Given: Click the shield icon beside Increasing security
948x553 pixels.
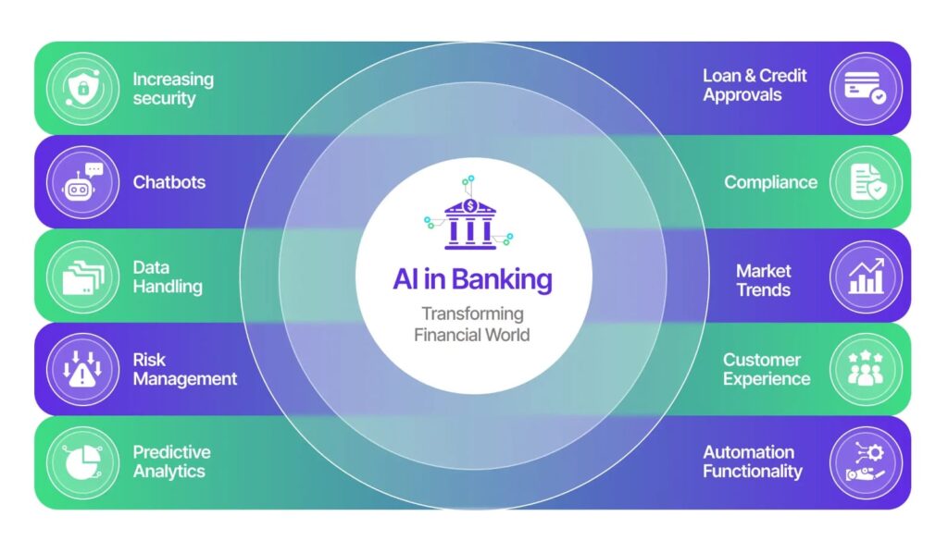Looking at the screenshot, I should [x=81, y=88].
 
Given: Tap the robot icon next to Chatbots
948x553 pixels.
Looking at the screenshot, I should [x=81, y=181].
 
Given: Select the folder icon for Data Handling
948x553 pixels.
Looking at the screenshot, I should [x=81, y=276].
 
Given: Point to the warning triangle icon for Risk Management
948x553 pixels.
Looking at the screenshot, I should [x=81, y=369].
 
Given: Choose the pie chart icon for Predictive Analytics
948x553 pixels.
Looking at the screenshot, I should [x=81, y=461].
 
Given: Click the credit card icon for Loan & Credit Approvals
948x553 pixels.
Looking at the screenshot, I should [x=865, y=88].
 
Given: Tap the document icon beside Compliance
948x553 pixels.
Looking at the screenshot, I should [x=865, y=181].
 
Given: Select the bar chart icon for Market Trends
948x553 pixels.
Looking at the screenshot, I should [x=865, y=276].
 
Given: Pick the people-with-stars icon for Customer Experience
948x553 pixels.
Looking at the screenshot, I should [x=865, y=369].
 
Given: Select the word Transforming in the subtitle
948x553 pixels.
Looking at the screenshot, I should [x=472, y=313].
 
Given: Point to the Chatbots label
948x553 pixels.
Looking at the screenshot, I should [x=168, y=182].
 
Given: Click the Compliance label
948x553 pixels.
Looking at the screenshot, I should [x=770, y=182].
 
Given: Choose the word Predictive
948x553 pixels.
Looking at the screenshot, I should [x=171, y=452].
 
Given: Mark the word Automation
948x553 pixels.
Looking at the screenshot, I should [x=748, y=452].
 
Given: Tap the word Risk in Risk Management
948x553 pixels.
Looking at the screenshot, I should [x=149, y=360].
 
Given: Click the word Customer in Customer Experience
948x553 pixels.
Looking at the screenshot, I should [x=762, y=360].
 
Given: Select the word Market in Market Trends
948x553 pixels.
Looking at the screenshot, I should [x=763, y=271].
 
